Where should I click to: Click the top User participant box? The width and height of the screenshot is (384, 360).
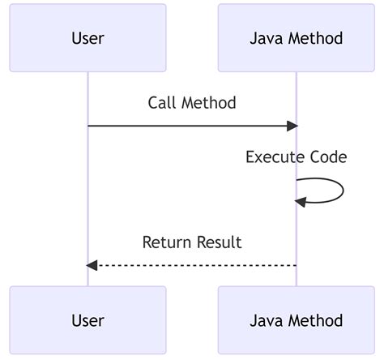pos(87,38)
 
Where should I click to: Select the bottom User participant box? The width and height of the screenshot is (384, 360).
pos(87,320)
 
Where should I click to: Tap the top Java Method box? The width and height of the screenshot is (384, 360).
pos(297,38)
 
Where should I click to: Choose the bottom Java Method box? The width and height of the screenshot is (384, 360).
pos(297,320)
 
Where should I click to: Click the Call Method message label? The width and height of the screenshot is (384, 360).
pos(192,103)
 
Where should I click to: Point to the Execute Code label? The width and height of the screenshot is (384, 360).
pos(297,157)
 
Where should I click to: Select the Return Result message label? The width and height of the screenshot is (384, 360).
pos(192,242)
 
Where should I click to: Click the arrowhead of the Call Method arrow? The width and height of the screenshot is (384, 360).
pos(292,126)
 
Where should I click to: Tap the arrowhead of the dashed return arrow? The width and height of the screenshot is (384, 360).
pos(92,265)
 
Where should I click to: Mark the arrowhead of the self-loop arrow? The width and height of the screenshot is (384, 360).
pos(301,202)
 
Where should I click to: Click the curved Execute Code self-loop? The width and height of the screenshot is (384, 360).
pos(343,191)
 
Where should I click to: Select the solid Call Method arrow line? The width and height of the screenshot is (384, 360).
pos(193,126)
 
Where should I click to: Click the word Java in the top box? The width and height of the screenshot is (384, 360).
pos(267,38)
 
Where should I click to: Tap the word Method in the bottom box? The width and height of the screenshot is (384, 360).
pos(316,320)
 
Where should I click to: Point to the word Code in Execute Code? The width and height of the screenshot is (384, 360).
pos(329,157)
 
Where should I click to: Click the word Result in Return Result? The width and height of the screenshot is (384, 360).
pos(220,242)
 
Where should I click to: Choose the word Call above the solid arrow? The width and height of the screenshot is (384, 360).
pos(162,103)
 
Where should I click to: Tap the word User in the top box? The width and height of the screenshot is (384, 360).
pos(87,38)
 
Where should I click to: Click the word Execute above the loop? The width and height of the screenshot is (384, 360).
pos(275,157)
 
